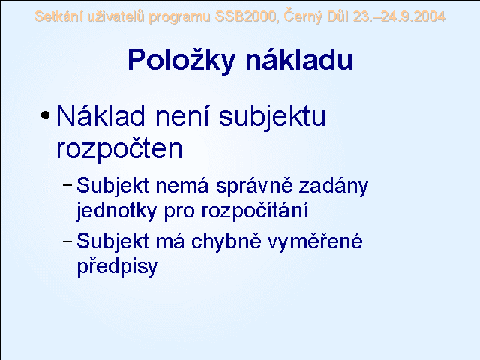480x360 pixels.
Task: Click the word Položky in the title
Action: pyautogui.click(x=181, y=60)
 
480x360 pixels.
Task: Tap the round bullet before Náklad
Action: pyautogui.click(x=45, y=115)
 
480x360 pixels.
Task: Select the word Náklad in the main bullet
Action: pyautogui.click(x=100, y=115)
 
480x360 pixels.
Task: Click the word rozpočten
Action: pyautogui.click(x=120, y=149)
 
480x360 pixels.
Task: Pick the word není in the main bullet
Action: pyautogui.click(x=182, y=115)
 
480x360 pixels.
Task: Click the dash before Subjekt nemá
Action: pyautogui.click(x=67, y=185)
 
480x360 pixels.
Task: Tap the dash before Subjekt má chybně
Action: pyautogui.click(x=67, y=241)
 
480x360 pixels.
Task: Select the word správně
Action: pyautogui.click(x=254, y=186)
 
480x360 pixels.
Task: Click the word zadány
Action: pyautogui.click(x=333, y=187)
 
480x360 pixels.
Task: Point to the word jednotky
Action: pyautogui.click(x=116, y=211)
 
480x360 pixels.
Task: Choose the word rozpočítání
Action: pyautogui.click(x=255, y=211)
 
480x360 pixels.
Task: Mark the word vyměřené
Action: pyautogui.click(x=315, y=241)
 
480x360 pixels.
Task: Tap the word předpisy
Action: pyautogui.click(x=117, y=267)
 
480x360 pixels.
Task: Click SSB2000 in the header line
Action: pyautogui.click(x=247, y=16)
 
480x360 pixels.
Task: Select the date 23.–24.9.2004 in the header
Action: pyautogui.click(x=399, y=16)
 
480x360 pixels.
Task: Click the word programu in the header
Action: pyautogui.click(x=179, y=17)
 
